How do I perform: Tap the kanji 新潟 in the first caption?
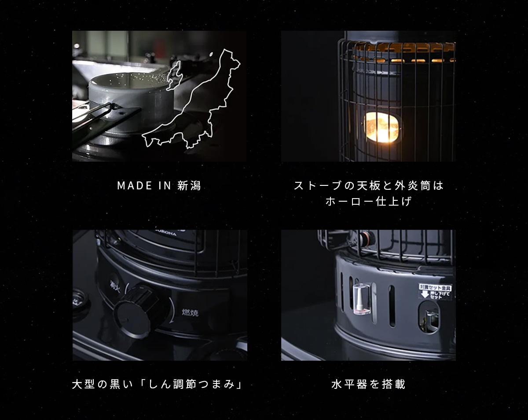[x=189, y=186]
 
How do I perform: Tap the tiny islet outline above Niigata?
[x=212, y=55]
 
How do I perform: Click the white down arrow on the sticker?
[x=425, y=294]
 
